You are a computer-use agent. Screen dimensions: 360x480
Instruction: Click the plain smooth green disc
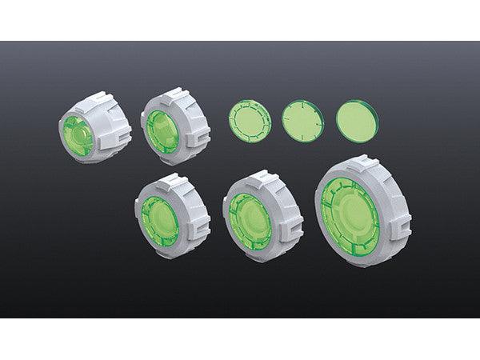point(358,122)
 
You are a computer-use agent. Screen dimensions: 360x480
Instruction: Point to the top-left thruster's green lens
point(78,134)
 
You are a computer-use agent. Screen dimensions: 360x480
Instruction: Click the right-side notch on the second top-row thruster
point(200,130)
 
